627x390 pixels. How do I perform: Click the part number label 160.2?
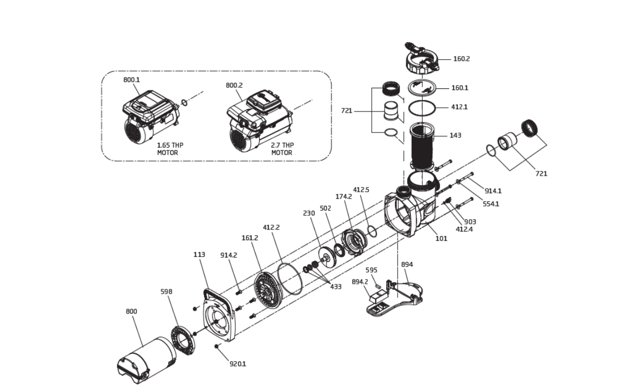tap(462, 59)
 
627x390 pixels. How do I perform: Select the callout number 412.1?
tap(459, 107)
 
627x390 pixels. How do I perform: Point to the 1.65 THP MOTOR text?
tap(170, 149)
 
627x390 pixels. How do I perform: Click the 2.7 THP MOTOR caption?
tap(282, 149)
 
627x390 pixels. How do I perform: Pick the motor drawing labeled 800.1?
tap(150, 116)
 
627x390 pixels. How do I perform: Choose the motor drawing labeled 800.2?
tap(259, 122)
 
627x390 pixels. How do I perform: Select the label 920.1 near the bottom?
tap(238, 364)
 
